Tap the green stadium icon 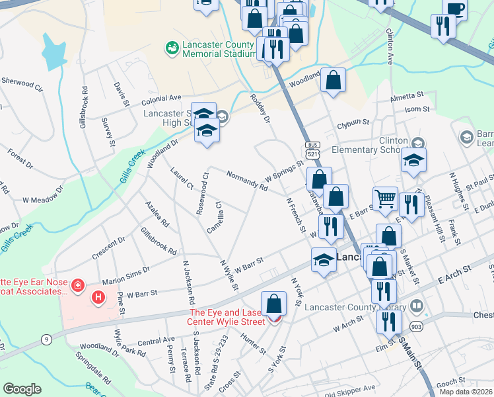click(x=172, y=48)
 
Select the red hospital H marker click(x=98, y=297)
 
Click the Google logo click(x=22, y=389)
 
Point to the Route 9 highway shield click(x=46, y=340)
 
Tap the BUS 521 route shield click(x=312, y=149)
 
